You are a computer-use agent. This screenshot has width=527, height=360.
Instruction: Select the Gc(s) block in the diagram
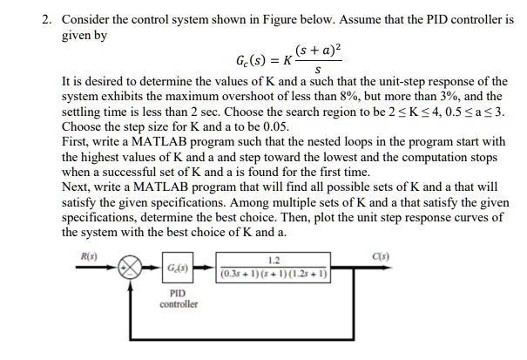pos(177,269)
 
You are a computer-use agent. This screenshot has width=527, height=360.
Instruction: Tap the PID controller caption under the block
pos(178,299)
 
